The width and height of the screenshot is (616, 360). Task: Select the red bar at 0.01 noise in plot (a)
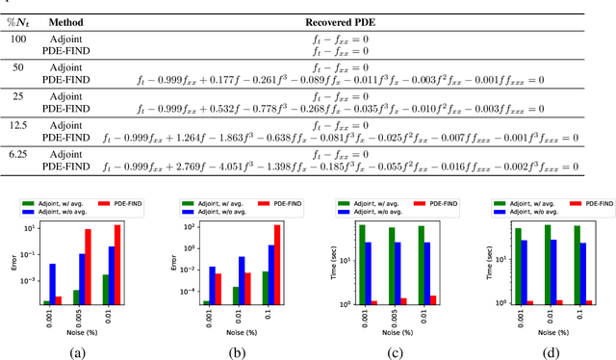click(x=118, y=265)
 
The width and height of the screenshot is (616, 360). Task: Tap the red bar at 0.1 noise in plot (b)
click(x=277, y=265)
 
